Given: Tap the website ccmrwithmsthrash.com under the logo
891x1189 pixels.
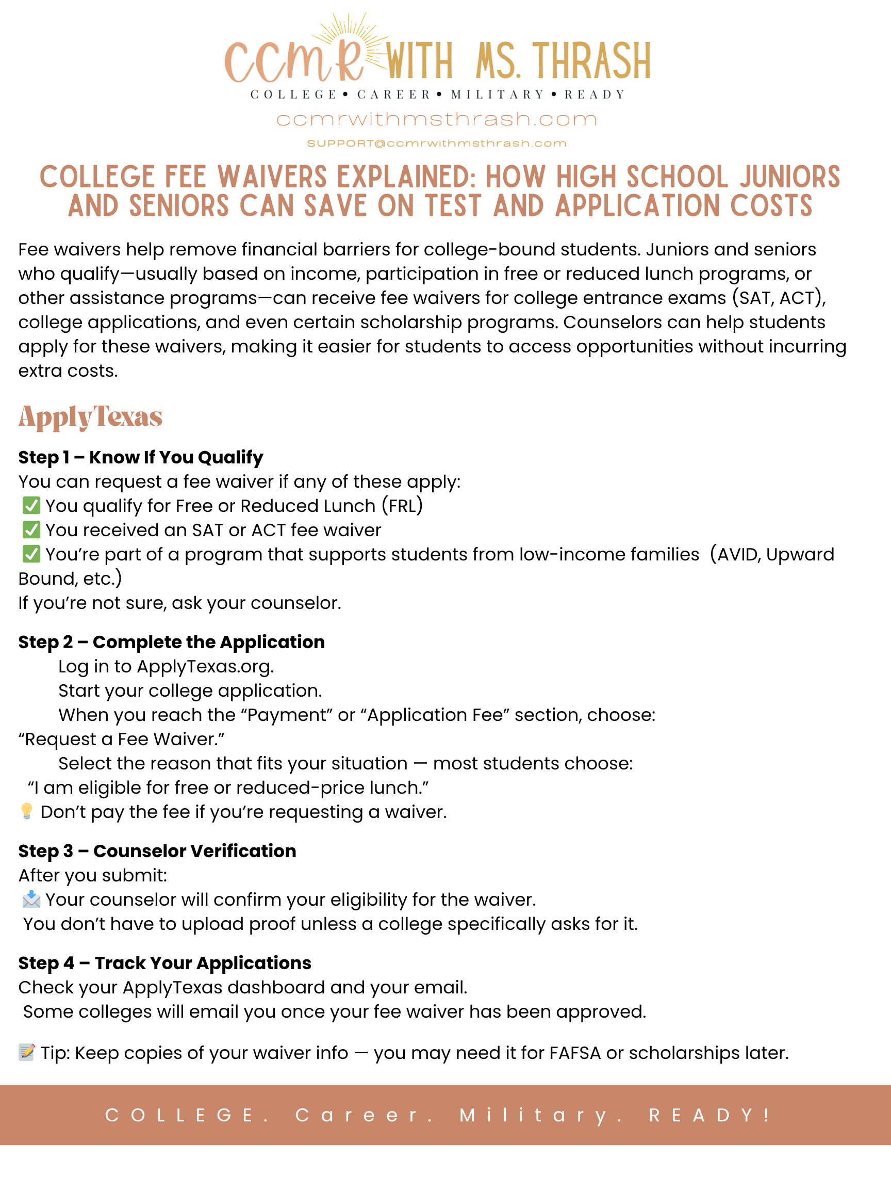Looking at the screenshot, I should click(437, 119).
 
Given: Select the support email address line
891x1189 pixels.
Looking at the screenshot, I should click(437, 143).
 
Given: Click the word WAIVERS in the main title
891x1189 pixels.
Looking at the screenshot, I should click(272, 178).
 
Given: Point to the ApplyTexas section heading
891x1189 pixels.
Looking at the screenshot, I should click(90, 416).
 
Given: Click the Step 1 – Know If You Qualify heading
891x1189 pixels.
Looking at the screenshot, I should click(141, 457).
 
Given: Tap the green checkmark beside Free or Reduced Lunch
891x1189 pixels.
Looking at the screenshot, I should click(31, 506).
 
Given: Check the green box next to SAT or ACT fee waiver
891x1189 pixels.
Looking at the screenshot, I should click(31, 530).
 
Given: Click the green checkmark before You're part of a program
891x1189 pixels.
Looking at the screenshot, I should click(31, 554).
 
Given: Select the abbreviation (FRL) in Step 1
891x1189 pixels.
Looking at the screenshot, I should click(402, 506).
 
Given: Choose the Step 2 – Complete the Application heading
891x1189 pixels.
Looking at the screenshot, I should click(171, 642).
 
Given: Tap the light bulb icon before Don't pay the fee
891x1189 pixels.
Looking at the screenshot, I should click(26, 811).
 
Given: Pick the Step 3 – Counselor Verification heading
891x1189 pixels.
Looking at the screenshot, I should click(157, 851).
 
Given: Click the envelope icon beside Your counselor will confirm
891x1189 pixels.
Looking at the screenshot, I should click(31, 899).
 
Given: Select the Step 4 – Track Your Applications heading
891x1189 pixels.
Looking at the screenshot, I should click(164, 962).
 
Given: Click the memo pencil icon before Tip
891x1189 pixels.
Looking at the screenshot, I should click(26, 1052).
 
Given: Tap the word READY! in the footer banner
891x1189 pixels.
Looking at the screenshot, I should click(709, 1115).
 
